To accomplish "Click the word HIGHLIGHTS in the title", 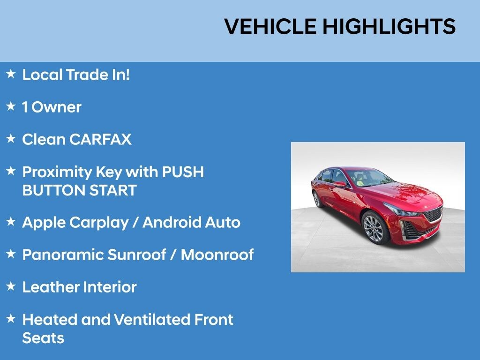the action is pos(389,26).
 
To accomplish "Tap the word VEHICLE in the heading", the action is pos(270,26).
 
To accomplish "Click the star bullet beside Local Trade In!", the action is pos(11,74).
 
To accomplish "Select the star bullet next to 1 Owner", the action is pos(11,106).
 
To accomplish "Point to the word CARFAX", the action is pos(100,139).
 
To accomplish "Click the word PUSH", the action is pos(183,172).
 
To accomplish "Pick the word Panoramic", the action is pos(63,255).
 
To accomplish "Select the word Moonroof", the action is pos(217,255).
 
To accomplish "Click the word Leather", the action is pos(51,287).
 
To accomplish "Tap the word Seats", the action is pos(43,338).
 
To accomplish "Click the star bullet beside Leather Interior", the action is pos(11,286).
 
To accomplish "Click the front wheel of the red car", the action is pos(374,228).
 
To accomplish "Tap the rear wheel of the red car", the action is pos(317,198).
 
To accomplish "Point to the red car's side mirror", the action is pos(340,184).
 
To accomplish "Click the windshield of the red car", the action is pos(369,177).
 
